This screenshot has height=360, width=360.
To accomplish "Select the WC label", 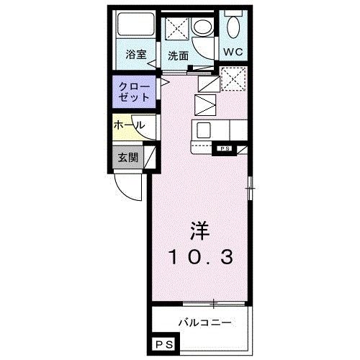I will click(x=232, y=52).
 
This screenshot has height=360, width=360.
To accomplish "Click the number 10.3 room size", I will click(x=200, y=256).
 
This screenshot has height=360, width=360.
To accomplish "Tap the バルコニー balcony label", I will click(x=204, y=322).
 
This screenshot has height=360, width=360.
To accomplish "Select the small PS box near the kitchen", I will click(x=224, y=149).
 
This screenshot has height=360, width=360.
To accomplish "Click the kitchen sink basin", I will click(x=204, y=131).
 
